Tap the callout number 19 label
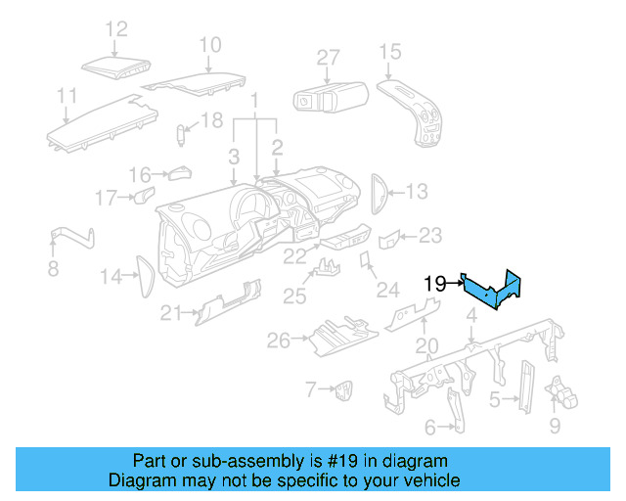436,284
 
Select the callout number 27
328,58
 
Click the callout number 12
116,29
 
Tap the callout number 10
210,44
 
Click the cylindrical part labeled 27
329,99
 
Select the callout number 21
172,312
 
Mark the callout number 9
555,426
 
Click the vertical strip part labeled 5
525,387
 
